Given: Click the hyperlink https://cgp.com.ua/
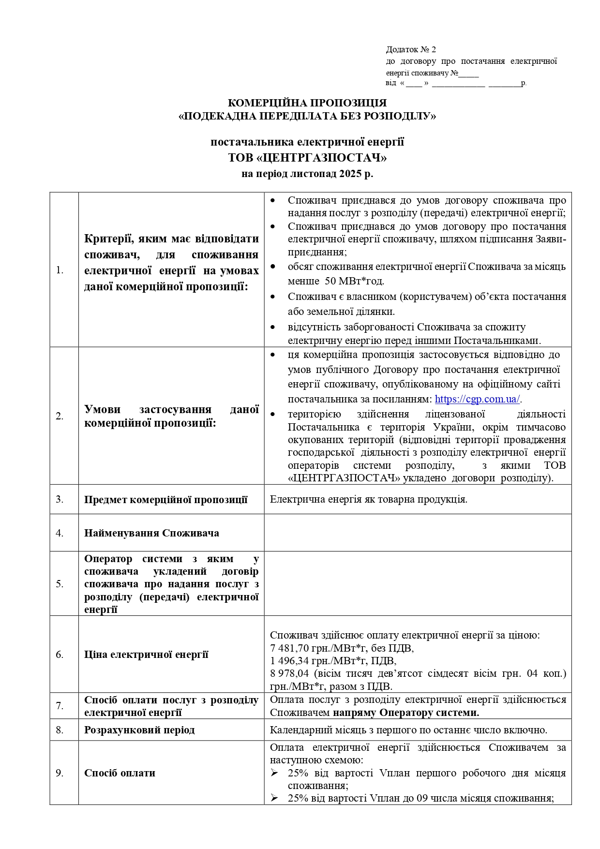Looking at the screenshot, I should point(477,399).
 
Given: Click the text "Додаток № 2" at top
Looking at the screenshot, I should point(411,49).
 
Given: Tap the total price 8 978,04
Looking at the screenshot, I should point(289,673).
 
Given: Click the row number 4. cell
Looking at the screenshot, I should point(60,533).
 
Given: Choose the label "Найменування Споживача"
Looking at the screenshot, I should point(151,533).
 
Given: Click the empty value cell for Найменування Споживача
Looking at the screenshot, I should point(417,533).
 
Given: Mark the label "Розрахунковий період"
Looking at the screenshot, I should point(139,730).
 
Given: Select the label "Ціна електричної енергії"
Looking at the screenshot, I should point(146,655).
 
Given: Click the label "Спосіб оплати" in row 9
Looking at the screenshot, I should point(120,773).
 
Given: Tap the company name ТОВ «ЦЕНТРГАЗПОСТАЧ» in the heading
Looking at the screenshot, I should point(307,158).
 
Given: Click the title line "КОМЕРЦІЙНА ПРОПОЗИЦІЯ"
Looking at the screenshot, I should point(307,103).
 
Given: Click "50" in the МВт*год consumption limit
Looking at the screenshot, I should point(330,281).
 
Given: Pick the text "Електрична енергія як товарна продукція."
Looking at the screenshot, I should point(368,499).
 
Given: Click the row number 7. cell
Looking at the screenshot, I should point(60,706).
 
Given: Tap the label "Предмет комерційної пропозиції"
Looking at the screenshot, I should point(165,500).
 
